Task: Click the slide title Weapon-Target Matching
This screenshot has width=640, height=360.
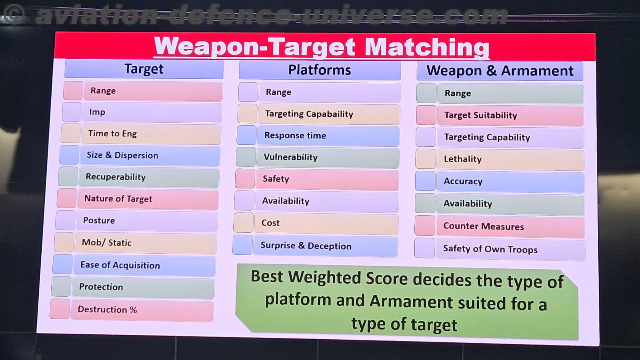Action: tap(322, 47)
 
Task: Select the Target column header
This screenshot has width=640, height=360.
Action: tap(144, 69)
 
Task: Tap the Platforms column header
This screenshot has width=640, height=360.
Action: tap(320, 70)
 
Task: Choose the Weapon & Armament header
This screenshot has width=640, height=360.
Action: tap(500, 71)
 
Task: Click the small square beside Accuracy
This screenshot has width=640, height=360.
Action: tap(426, 181)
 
